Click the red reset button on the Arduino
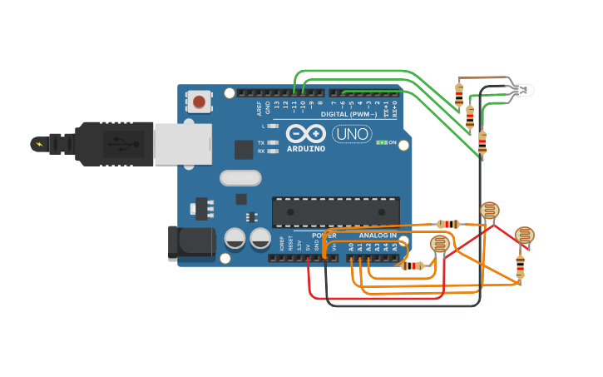[x=198, y=102]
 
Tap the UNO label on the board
[x=352, y=134]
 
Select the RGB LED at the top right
[x=523, y=89]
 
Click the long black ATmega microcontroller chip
[x=336, y=212]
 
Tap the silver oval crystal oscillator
[x=240, y=177]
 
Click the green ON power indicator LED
[x=380, y=142]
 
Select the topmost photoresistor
[x=490, y=211]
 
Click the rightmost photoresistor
[x=524, y=236]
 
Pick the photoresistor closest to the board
[x=439, y=245]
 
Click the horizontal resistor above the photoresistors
[x=448, y=224]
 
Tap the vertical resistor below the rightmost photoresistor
[x=520, y=267]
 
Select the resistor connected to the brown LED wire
[x=459, y=96]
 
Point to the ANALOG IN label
[x=378, y=236]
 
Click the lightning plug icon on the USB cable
[x=39, y=144]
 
